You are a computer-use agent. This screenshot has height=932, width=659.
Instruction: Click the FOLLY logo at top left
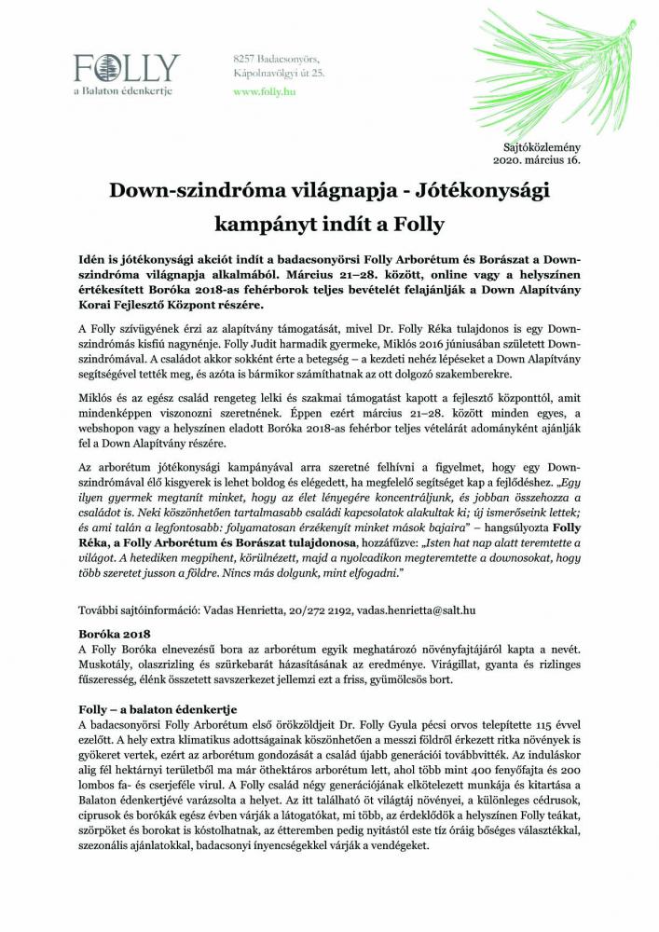pos(127,68)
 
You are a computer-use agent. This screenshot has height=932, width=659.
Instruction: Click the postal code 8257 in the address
pos(244,60)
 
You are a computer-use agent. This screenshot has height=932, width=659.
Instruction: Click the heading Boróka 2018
pos(109,632)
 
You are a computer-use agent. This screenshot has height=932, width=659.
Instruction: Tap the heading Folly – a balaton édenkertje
pos(158,709)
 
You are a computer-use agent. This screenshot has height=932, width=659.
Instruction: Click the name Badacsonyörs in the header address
pos(290,60)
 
